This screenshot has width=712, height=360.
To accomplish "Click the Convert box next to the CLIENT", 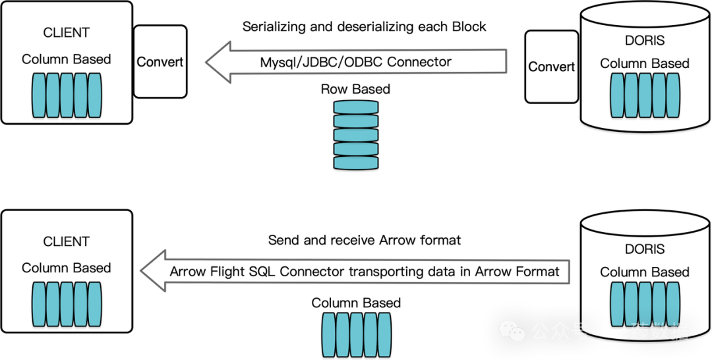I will pyautogui.click(x=160, y=62).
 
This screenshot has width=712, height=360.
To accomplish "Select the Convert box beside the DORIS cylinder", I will pyautogui.click(x=551, y=67).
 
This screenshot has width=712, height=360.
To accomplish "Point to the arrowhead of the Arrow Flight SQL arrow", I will pyautogui.click(x=151, y=271).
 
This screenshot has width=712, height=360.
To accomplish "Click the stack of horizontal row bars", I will pyautogui.click(x=356, y=135).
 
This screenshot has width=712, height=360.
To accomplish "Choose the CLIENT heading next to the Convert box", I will pyautogui.click(x=66, y=32).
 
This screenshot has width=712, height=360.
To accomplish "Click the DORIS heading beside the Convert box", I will pyautogui.click(x=644, y=40).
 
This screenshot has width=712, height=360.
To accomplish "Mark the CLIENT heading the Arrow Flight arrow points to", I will pyautogui.click(x=66, y=241).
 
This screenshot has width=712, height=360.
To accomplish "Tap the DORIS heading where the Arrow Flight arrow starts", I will pyautogui.click(x=644, y=249).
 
